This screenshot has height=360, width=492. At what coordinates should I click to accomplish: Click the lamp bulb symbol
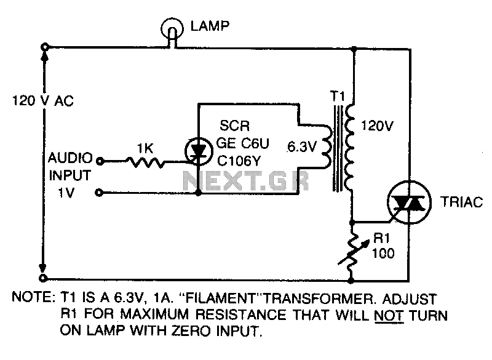point(172,29)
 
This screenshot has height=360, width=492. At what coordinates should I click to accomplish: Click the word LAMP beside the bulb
point(210,26)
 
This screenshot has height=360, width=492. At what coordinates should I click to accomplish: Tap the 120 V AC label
point(42,101)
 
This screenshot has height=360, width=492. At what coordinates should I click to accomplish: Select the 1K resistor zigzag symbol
point(145,162)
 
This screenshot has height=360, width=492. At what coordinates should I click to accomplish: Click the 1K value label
point(145,148)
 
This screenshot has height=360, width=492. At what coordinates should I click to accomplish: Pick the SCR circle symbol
point(199,151)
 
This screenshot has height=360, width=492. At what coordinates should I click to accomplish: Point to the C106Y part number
point(239,161)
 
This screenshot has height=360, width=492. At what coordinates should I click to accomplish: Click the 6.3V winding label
point(302,147)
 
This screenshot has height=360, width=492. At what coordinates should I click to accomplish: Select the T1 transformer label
point(337,96)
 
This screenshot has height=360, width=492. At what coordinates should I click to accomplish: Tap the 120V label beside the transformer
point(377,126)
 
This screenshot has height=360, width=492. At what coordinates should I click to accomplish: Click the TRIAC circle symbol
point(409,202)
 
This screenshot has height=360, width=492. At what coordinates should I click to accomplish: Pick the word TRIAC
point(462,202)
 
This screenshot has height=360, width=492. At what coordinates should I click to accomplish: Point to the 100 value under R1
point(383,253)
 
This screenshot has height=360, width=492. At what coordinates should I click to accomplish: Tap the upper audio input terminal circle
point(100,161)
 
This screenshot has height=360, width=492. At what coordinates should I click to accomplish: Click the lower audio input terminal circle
point(99,193)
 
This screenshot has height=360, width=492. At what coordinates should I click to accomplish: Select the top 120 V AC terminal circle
point(44,47)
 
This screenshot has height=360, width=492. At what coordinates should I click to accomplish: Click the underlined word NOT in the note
point(389,315)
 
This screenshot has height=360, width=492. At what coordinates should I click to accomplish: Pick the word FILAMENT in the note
point(220,298)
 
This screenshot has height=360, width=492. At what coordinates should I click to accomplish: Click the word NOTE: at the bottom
point(34,297)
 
